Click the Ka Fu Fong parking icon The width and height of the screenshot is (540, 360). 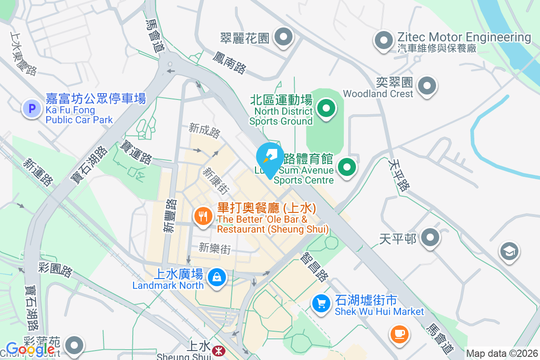point(31,108)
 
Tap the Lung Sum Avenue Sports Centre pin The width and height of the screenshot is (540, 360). point(346,167)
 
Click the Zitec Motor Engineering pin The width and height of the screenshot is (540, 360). point(383,40)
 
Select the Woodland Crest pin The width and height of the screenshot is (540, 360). point(427,85)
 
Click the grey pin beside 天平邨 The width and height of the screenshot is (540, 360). point(431,237)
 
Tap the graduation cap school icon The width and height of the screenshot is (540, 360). point(509,251)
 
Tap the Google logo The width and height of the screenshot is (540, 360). point(31,349)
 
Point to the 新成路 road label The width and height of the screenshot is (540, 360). point(205,131)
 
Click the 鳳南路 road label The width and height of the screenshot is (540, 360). point(229,63)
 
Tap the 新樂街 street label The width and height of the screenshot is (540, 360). point(215,248)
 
